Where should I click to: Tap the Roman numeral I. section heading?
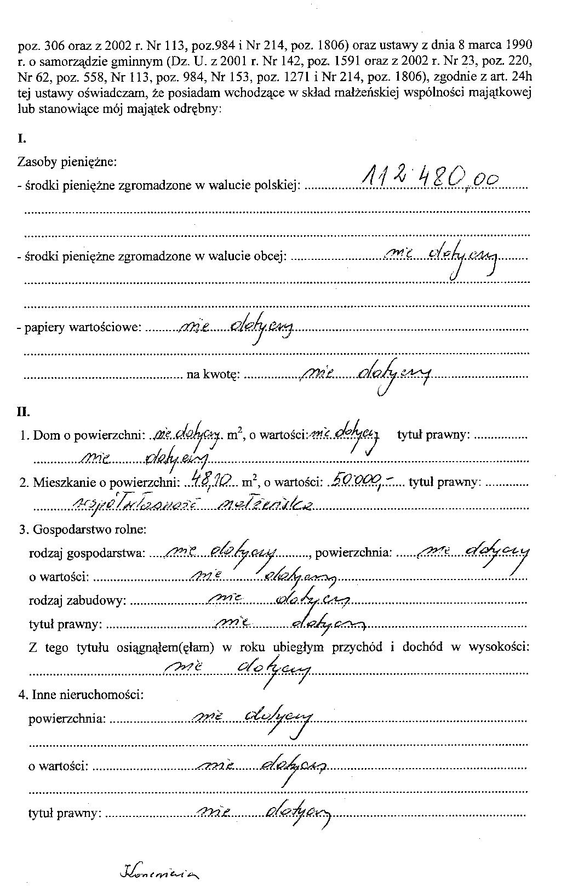coord(22,138)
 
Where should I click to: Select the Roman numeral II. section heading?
coord(24,412)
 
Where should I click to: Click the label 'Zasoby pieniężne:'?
coord(67,162)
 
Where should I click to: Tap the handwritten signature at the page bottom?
coord(159,871)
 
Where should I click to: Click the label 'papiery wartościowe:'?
coord(82,328)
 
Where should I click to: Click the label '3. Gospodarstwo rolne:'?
coord(82,530)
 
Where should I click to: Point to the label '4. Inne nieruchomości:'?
coord(81,695)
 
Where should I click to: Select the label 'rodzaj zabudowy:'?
coord(77,601)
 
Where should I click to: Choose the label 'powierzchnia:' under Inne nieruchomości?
coord(67,718)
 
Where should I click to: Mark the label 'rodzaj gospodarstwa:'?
coord(87,553)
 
